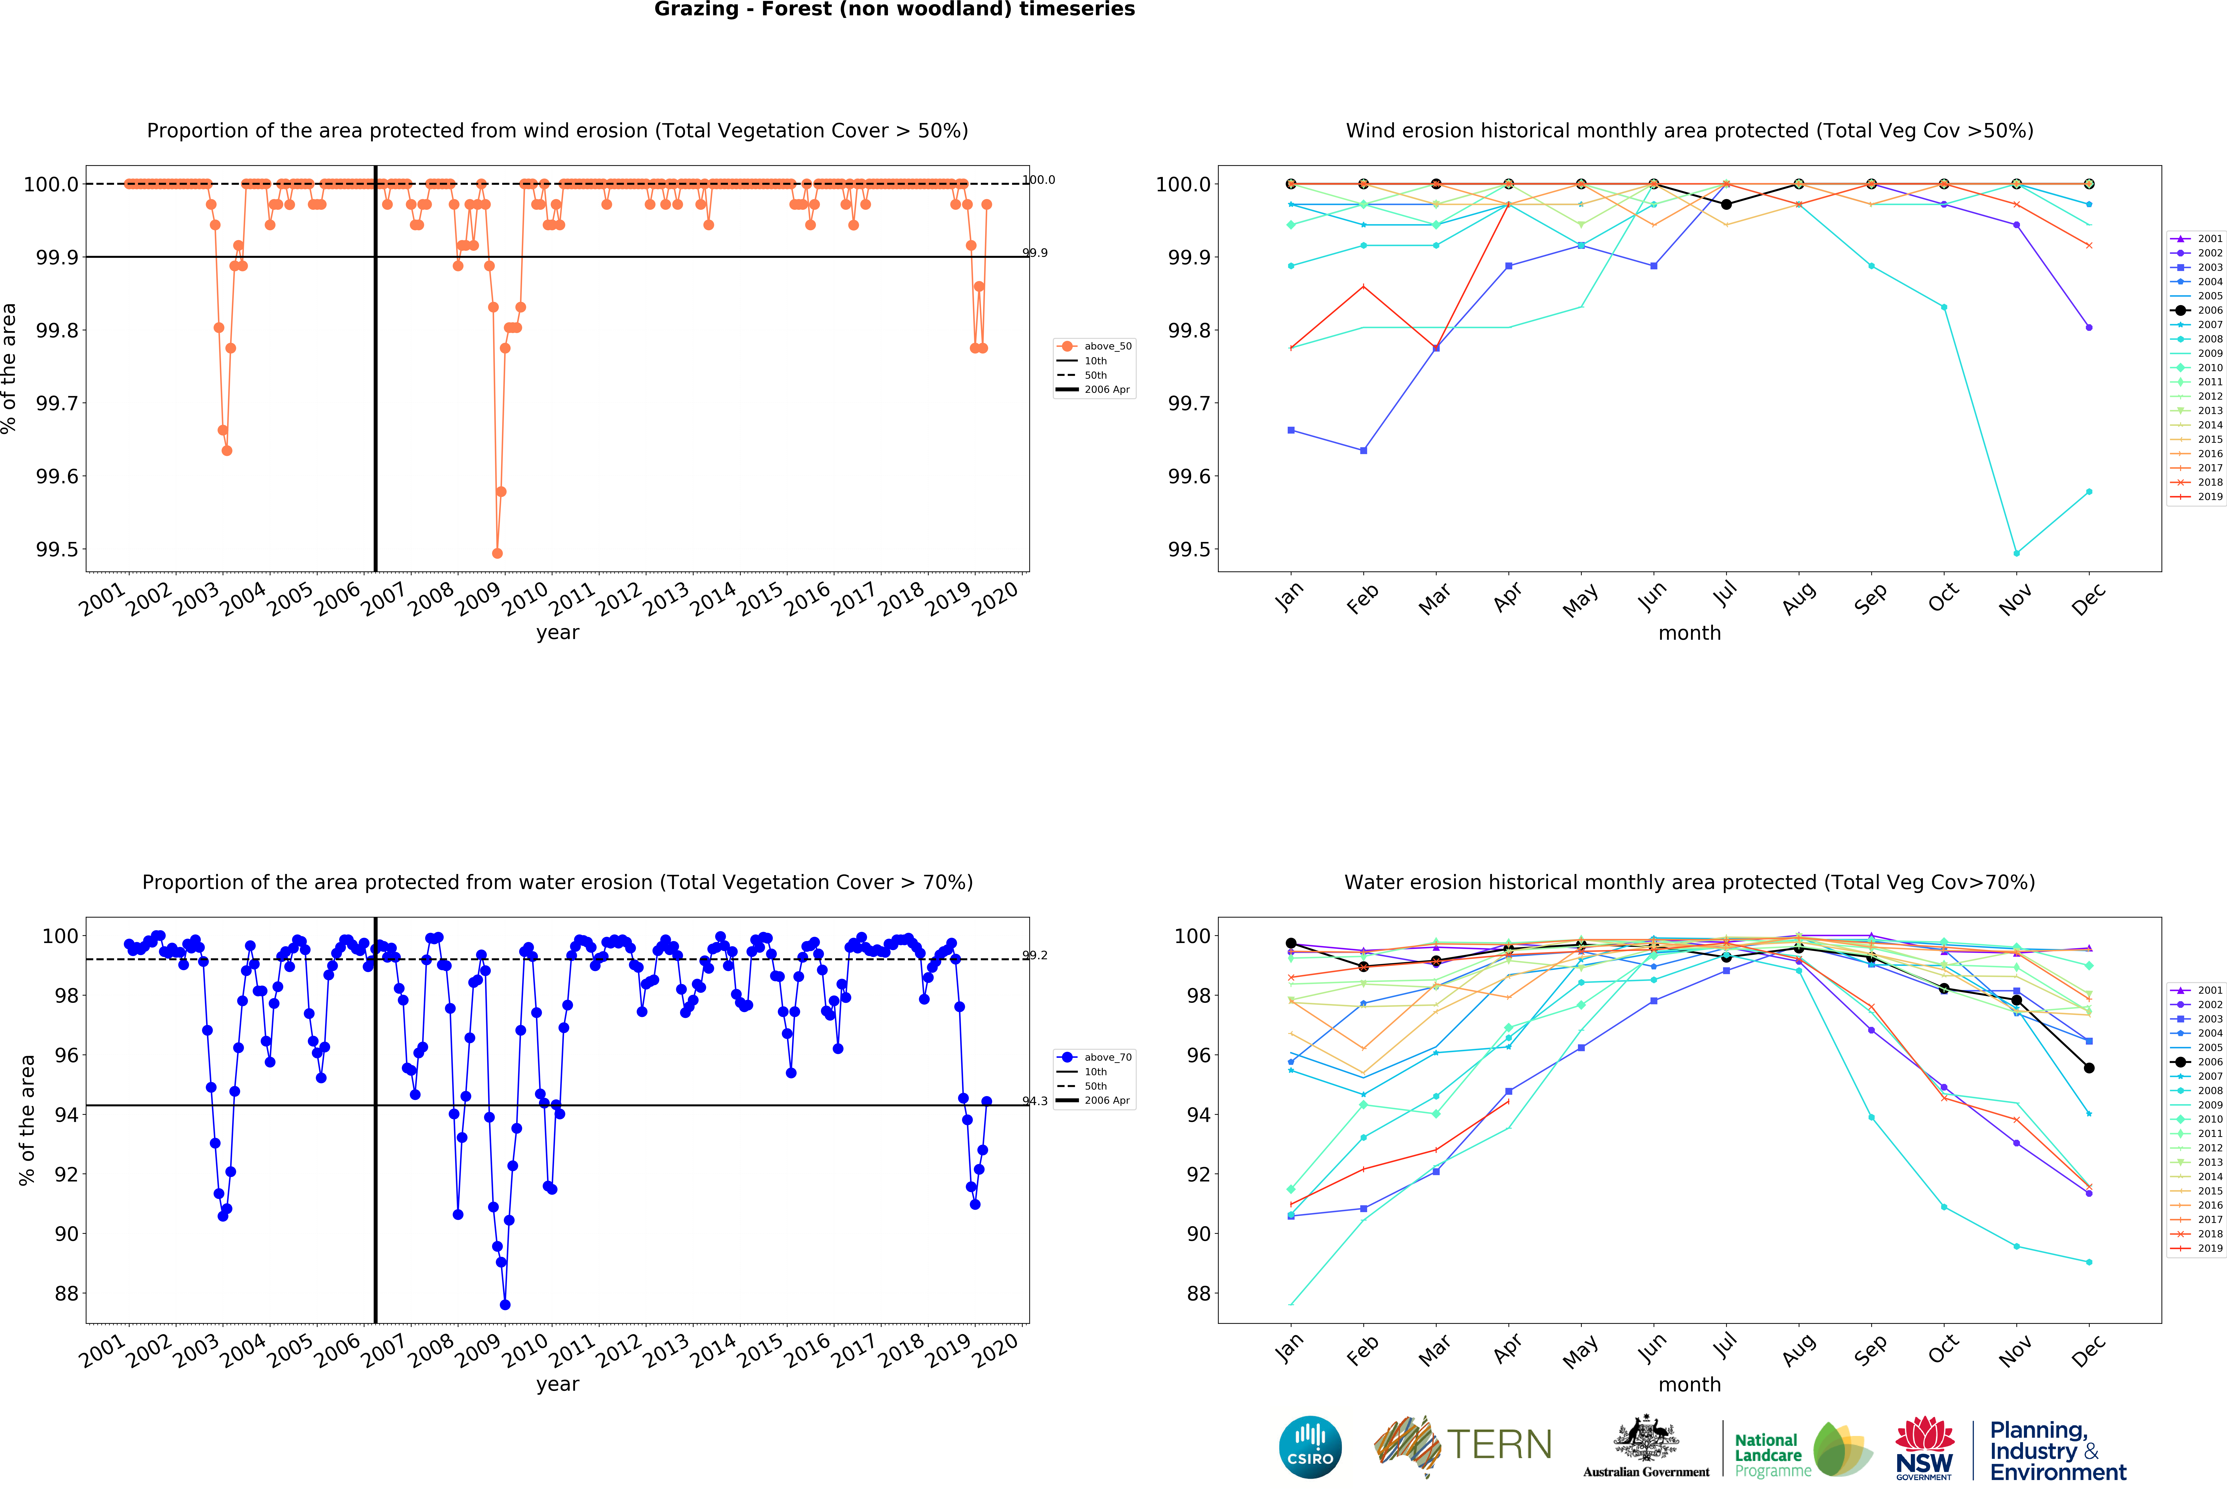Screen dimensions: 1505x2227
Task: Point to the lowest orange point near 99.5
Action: pyautogui.click(x=496, y=553)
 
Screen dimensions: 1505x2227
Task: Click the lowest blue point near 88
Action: pyautogui.click(x=505, y=1305)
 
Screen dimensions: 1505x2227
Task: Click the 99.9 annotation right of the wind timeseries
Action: pyautogui.click(x=1035, y=253)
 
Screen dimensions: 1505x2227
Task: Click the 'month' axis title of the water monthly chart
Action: pyautogui.click(x=1689, y=1384)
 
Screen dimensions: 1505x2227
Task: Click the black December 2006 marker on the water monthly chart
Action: pyautogui.click(x=2089, y=1068)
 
